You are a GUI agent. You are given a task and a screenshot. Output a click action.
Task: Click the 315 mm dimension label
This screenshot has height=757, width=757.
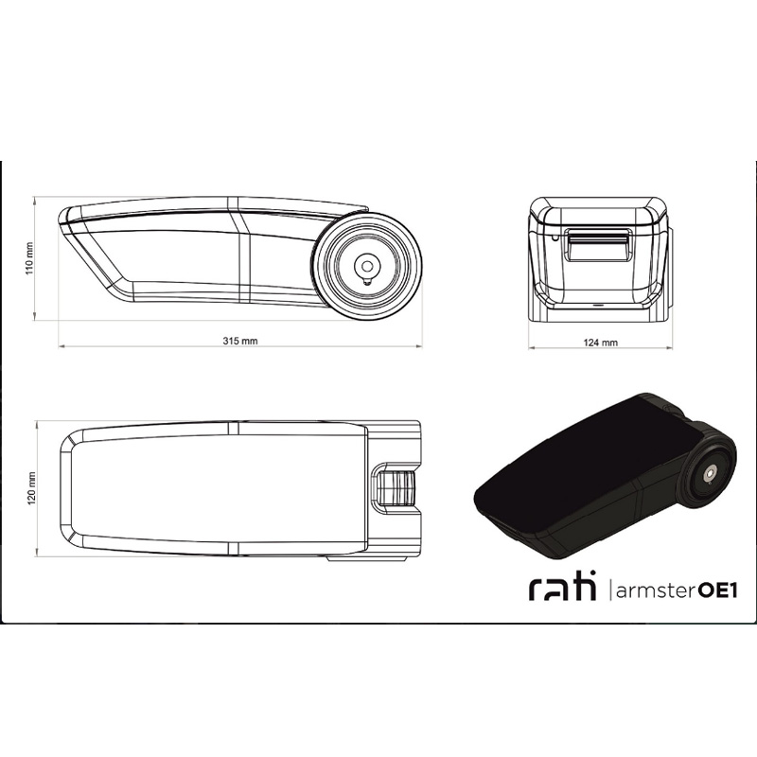[240, 341]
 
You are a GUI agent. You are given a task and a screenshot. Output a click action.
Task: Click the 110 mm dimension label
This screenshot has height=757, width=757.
[30, 258]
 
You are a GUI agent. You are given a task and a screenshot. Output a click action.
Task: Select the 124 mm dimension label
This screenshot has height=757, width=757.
[601, 343]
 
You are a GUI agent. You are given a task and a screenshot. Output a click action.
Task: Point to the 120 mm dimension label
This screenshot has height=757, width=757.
[32, 488]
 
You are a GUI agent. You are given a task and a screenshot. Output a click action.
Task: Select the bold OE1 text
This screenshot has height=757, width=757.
[718, 590]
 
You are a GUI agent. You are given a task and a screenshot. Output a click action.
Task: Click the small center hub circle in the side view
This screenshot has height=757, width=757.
[367, 266]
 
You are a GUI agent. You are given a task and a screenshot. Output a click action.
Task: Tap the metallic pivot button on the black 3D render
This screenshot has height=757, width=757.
[708, 475]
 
